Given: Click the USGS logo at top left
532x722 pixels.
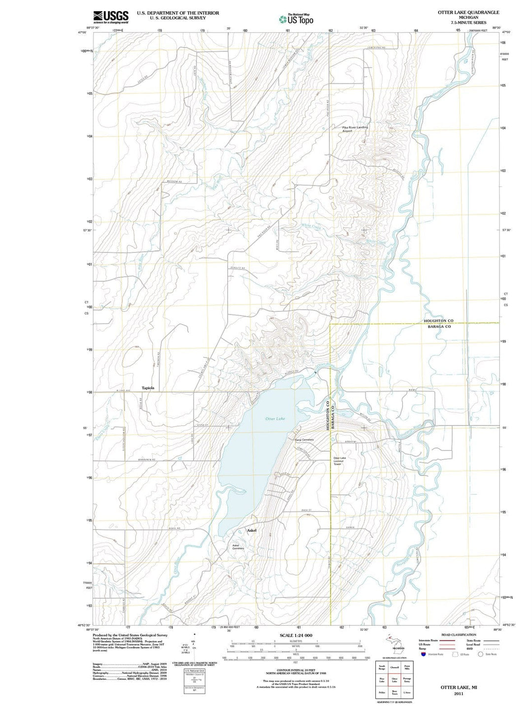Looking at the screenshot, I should [111, 17].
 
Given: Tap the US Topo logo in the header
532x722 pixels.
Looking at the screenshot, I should [296, 19].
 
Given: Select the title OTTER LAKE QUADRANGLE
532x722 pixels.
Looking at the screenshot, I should [468, 12].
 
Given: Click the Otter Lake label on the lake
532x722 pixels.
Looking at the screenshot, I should [275, 419].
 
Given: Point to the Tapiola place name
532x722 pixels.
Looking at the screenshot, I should [148, 388].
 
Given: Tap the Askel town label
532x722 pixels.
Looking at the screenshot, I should [251, 530].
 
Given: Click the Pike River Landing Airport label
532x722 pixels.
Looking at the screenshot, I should [355, 129].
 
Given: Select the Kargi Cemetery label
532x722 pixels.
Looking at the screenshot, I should [304, 440].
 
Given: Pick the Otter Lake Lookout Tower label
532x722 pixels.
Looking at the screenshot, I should [339, 461].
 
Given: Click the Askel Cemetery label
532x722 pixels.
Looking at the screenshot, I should [238, 547].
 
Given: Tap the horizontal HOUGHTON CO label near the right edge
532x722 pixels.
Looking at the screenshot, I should [438, 321].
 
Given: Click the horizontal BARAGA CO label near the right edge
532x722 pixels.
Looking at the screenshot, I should [438, 327].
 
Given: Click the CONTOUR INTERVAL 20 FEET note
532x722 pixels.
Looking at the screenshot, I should [296, 670].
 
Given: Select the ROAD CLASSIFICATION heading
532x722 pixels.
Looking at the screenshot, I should [459, 635].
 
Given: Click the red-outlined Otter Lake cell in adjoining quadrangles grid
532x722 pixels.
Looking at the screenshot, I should [394, 681].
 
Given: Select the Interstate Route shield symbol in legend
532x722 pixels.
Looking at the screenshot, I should [423, 654].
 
